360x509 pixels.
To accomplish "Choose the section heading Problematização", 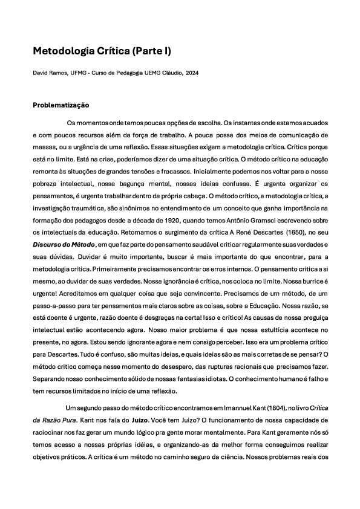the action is [61, 105].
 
